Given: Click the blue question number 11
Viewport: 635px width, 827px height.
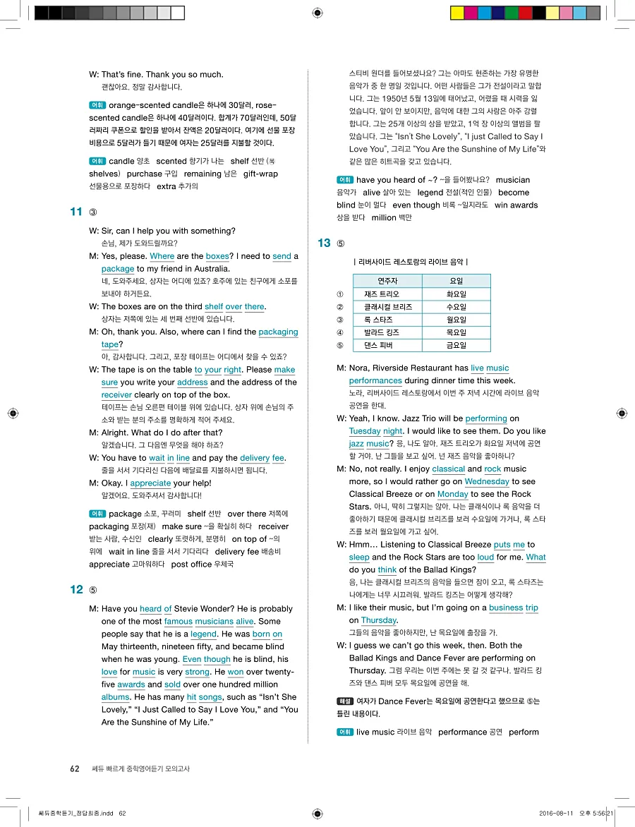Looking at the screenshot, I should pyautogui.click(x=77, y=212).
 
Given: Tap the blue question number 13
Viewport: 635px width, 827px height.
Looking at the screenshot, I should pyautogui.click(x=325, y=243).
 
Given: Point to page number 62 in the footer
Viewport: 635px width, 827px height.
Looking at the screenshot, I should pyautogui.click(x=75, y=768).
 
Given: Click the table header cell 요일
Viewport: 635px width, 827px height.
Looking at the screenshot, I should pyautogui.click(x=456, y=281).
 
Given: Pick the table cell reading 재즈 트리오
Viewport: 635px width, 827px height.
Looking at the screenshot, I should pyautogui.click(x=381, y=294).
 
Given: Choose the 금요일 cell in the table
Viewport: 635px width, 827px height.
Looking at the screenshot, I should pyautogui.click(x=456, y=345).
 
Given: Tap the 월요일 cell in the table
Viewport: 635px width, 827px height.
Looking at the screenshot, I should pyautogui.click(x=456, y=320).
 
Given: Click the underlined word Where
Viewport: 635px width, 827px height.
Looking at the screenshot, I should pyautogui.click(x=162, y=256).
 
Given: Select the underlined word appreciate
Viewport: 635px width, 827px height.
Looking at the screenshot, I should pyautogui.click(x=150, y=483).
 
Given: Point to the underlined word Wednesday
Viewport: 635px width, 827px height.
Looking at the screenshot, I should pyautogui.click(x=487, y=481).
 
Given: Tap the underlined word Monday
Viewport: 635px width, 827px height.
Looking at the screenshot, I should pyautogui.click(x=452, y=494).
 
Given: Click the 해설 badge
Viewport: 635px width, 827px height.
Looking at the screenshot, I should pyautogui.click(x=344, y=701).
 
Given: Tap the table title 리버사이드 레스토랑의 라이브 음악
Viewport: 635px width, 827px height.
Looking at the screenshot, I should pyautogui.click(x=410, y=262).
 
